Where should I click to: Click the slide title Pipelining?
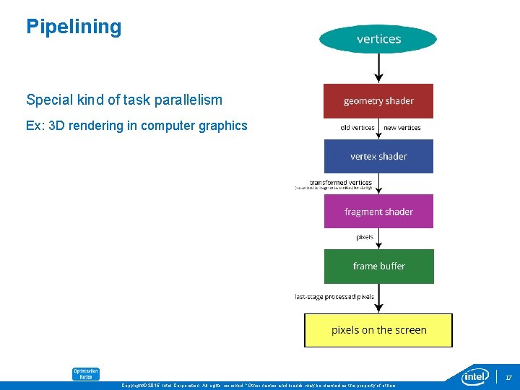74,27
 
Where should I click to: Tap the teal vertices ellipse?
378,39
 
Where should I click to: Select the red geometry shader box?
378,101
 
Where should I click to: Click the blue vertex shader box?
378,156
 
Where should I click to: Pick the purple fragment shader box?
378,212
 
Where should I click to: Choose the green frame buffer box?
378,266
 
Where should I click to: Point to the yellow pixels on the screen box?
378,330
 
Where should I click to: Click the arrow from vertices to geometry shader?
378,68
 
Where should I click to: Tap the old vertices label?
357,128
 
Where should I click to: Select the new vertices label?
402,128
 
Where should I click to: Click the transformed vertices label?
340,183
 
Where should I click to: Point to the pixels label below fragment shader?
365,237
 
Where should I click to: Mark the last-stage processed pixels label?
334,296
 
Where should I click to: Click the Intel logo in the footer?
476,376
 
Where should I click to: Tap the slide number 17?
508,378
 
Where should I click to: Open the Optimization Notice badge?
85,373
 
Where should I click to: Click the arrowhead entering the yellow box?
378,308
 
